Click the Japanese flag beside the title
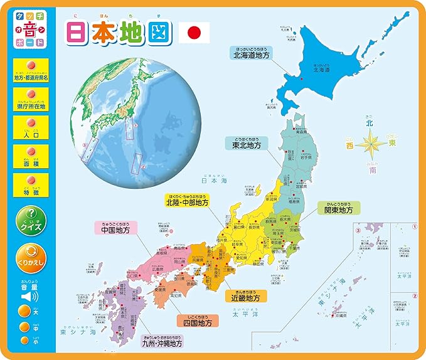[194, 32]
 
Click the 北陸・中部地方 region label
[188, 202]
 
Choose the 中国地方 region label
[116, 230]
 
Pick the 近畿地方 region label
[242, 298]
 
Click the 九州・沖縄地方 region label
[161, 343]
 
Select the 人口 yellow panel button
[31, 129]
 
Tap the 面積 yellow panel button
[31, 156]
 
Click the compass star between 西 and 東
[375, 144]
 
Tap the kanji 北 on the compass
[375, 124]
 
